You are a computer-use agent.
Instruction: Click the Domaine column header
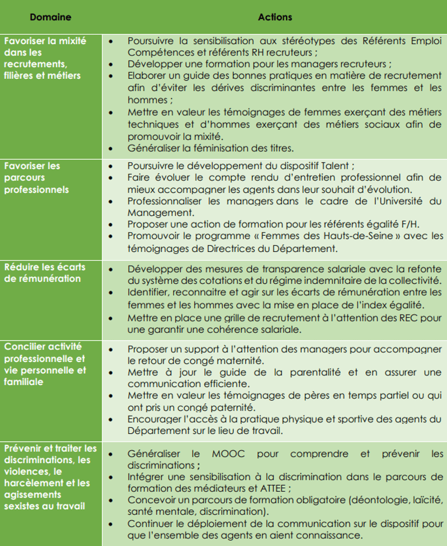[50, 17]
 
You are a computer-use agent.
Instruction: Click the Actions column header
[275, 17]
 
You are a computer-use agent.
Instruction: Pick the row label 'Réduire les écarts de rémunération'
[45, 272]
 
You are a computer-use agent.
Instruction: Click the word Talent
[334, 166]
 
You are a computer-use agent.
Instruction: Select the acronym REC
[399, 318]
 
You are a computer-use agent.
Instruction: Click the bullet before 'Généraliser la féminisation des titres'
[111, 147]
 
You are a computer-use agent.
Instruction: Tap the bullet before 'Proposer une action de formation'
[111, 224]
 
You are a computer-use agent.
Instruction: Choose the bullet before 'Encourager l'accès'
[111, 419]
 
